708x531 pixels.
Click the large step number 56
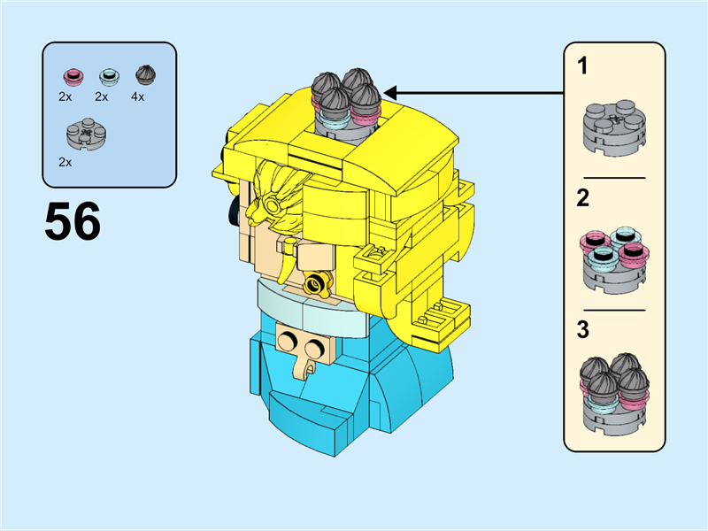[73, 222]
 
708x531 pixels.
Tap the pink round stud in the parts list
[72, 76]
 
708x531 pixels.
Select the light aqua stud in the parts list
[108, 76]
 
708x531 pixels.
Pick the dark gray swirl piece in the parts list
[144, 75]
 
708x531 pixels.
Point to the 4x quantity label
[138, 96]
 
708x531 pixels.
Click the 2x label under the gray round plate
[65, 162]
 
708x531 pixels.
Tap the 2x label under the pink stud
[65, 96]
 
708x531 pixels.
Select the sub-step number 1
[583, 66]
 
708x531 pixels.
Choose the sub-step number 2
[583, 198]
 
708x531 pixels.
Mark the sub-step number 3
[583, 330]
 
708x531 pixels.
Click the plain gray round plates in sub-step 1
[614, 126]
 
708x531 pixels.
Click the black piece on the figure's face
[233, 207]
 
